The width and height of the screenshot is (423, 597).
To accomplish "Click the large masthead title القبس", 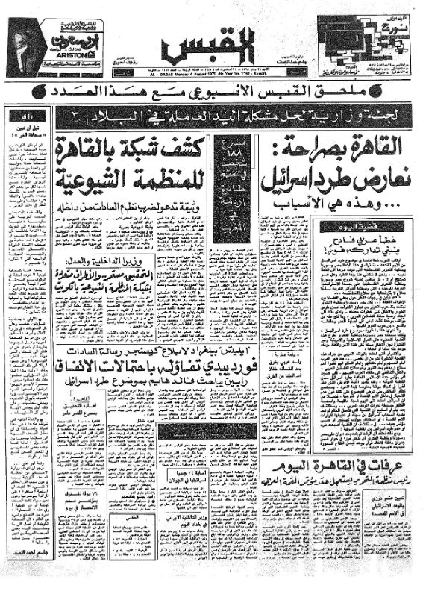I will (213, 46).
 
